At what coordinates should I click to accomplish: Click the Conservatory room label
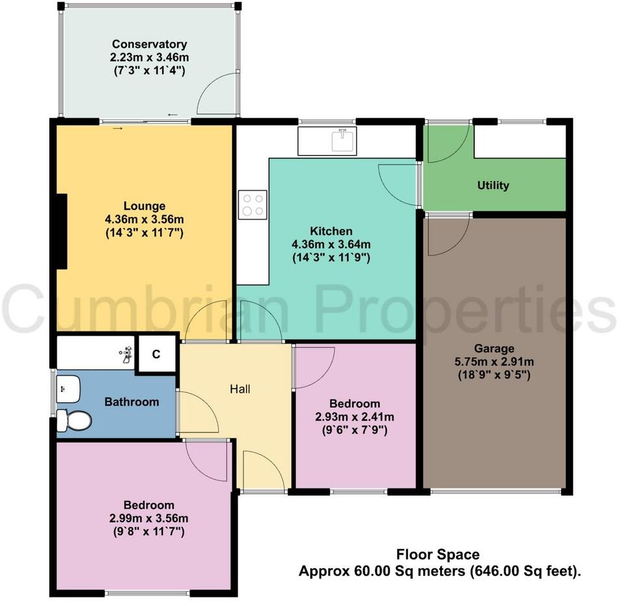point(149,44)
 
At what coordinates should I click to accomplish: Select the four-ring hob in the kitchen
point(252,204)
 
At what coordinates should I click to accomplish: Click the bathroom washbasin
point(67,388)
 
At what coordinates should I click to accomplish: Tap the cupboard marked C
point(156,354)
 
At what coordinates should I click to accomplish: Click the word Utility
point(493,185)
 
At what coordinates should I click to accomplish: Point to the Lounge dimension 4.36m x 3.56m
point(145,220)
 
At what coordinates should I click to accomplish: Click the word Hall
point(240,389)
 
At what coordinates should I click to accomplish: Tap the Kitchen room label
point(331,231)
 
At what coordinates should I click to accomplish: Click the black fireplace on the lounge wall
point(62,231)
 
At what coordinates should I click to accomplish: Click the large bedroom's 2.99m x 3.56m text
point(149,518)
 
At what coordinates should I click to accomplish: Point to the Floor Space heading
point(438,555)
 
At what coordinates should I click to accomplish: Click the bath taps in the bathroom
point(127,354)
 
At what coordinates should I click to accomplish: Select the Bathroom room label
point(132,402)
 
